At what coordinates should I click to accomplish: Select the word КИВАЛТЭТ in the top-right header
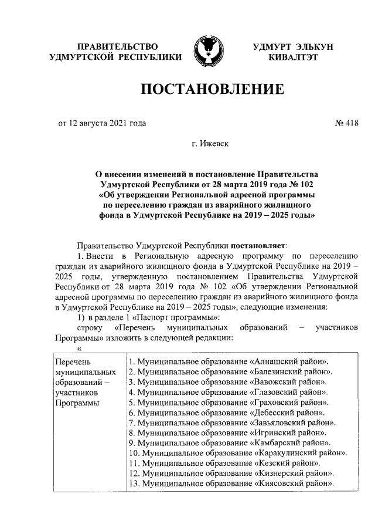point(293,57)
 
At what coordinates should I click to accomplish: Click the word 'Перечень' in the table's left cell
point(73,361)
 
